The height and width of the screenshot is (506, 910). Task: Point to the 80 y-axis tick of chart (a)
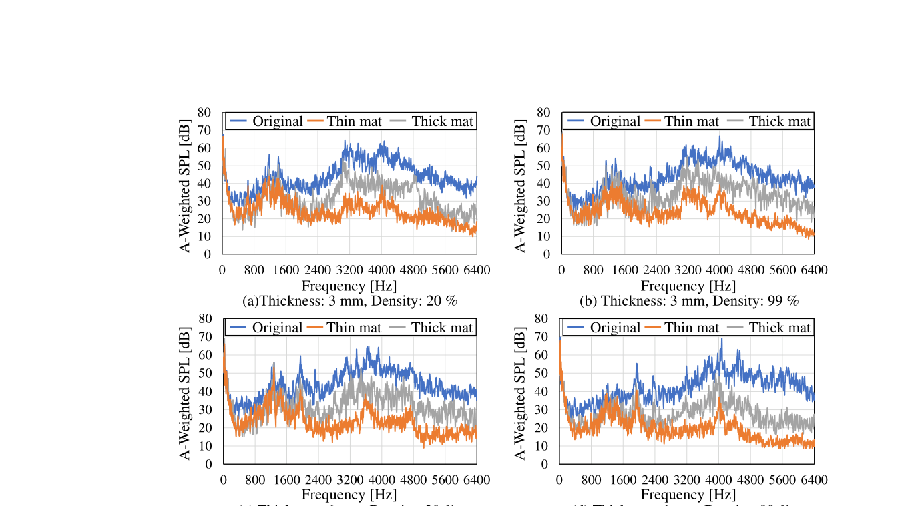click(204, 113)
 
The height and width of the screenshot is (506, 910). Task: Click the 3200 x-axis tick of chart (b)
click(688, 270)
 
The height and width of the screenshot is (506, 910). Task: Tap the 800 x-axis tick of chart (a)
click(254, 270)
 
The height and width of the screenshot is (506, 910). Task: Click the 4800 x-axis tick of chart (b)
click(751, 270)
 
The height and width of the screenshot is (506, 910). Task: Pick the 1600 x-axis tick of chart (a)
click(286, 270)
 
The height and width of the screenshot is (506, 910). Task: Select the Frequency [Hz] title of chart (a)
click(349, 286)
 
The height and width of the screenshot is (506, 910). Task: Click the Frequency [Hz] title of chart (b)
click(688, 286)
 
